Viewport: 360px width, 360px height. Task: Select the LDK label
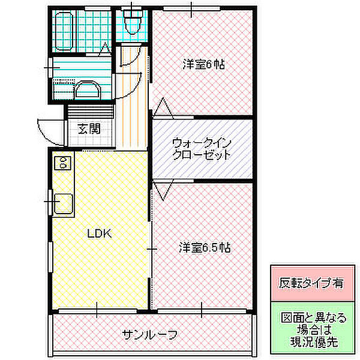pos(100,234)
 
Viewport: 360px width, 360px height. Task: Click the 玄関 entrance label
pos(88,128)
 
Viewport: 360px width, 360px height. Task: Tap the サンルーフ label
pos(150,334)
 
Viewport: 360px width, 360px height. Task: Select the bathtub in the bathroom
pos(64,30)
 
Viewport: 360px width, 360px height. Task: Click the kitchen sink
pos(63,204)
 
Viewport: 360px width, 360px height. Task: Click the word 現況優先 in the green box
pos(311,343)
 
